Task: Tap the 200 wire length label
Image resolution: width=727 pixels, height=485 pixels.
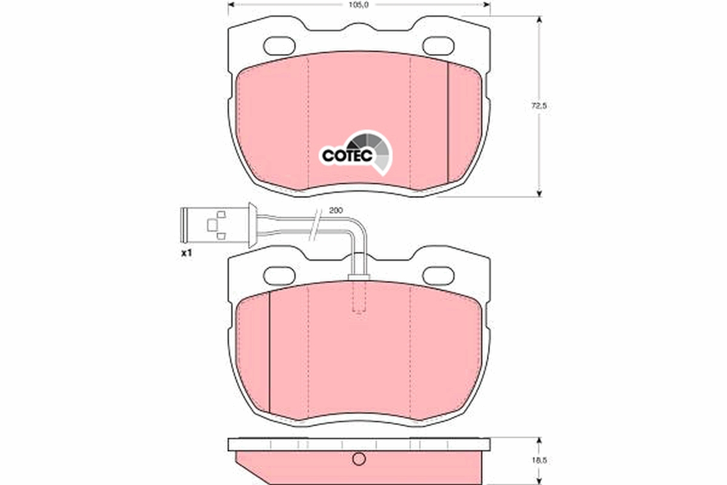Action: [336, 210]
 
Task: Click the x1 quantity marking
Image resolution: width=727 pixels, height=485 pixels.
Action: [186, 253]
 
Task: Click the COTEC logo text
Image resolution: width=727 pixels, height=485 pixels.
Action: [343, 156]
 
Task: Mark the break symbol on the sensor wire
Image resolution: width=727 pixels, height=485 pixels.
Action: [314, 224]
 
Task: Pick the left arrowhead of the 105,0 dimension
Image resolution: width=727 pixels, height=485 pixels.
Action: [231, 5]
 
